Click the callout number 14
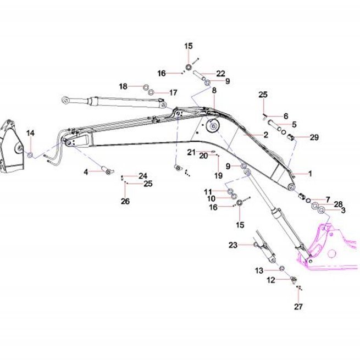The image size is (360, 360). [x=30, y=133]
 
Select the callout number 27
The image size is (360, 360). [x=298, y=307]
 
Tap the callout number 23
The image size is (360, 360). [x=233, y=245]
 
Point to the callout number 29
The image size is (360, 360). [x=314, y=137]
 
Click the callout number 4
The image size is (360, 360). [x=86, y=171]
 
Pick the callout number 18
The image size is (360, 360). [x=123, y=86]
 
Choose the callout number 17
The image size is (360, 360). [x=173, y=92]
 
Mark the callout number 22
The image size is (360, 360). [x=220, y=74]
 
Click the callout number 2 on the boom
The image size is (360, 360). [x=266, y=135]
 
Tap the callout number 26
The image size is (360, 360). [x=125, y=201]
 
